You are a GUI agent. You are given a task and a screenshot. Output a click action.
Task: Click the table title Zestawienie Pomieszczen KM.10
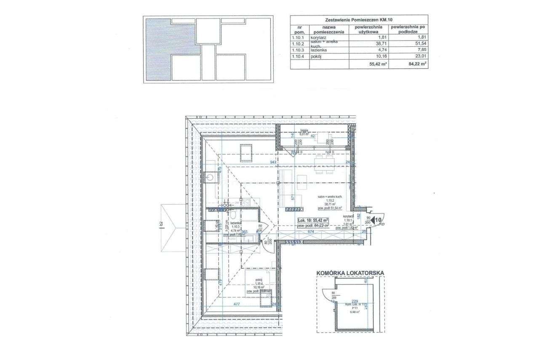click(359, 20)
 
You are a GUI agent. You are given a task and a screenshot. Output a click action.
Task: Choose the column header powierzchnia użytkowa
click(370, 29)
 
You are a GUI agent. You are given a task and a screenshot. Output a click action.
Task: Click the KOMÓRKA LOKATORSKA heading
click(350, 273)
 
